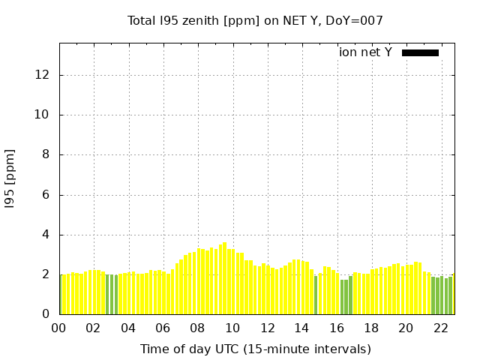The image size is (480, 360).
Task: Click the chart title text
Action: (255, 21)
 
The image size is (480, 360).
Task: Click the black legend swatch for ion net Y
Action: (420, 52)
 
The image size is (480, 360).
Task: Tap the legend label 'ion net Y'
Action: (365, 52)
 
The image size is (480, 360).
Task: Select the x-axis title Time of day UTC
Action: (255, 349)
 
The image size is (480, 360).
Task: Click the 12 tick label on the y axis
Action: (43, 75)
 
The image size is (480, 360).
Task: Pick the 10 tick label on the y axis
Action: (43, 115)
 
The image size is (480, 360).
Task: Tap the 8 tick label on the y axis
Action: (46, 154)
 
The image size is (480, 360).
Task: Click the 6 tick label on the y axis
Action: (46, 195)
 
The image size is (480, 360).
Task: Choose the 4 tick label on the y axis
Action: (46, 235)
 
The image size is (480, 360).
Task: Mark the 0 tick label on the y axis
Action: (46, 314)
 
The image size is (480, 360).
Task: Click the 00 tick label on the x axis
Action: (59, 328)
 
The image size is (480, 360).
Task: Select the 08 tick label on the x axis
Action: (198, 328)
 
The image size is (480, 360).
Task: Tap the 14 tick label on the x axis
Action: (301, 328)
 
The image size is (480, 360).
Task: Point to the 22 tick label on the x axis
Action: (440, 328)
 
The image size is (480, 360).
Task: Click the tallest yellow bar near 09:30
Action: (224, 279)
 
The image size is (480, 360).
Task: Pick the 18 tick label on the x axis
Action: (371, 328)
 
